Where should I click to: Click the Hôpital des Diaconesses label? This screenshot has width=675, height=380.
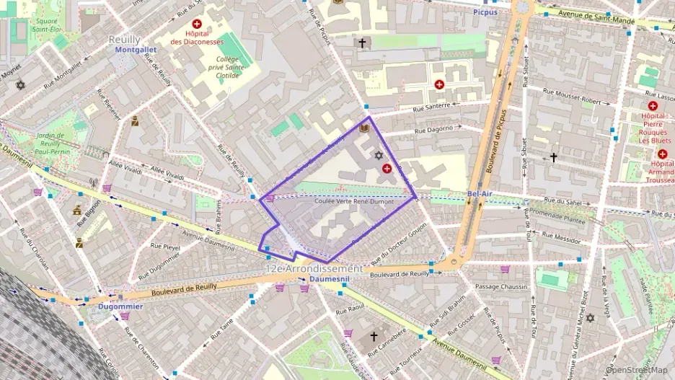click(x=196, y=37)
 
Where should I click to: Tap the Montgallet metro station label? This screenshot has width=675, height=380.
click(x=136, y=50)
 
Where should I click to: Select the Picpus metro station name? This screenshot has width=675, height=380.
click(x=485, y=12)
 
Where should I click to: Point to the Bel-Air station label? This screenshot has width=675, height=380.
click(x=480, y=195)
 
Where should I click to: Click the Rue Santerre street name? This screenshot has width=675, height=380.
click(x=431, y=107)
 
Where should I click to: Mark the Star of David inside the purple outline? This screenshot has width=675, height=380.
click(x=377, y=155)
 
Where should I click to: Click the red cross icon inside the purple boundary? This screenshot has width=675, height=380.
click(x=387, y=169)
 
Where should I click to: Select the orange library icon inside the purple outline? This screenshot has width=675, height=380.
click(x=364, y=129)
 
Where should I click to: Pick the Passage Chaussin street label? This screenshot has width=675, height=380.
click(x=501, y=287)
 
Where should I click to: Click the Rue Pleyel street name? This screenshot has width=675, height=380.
click(x=165, y=246)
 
